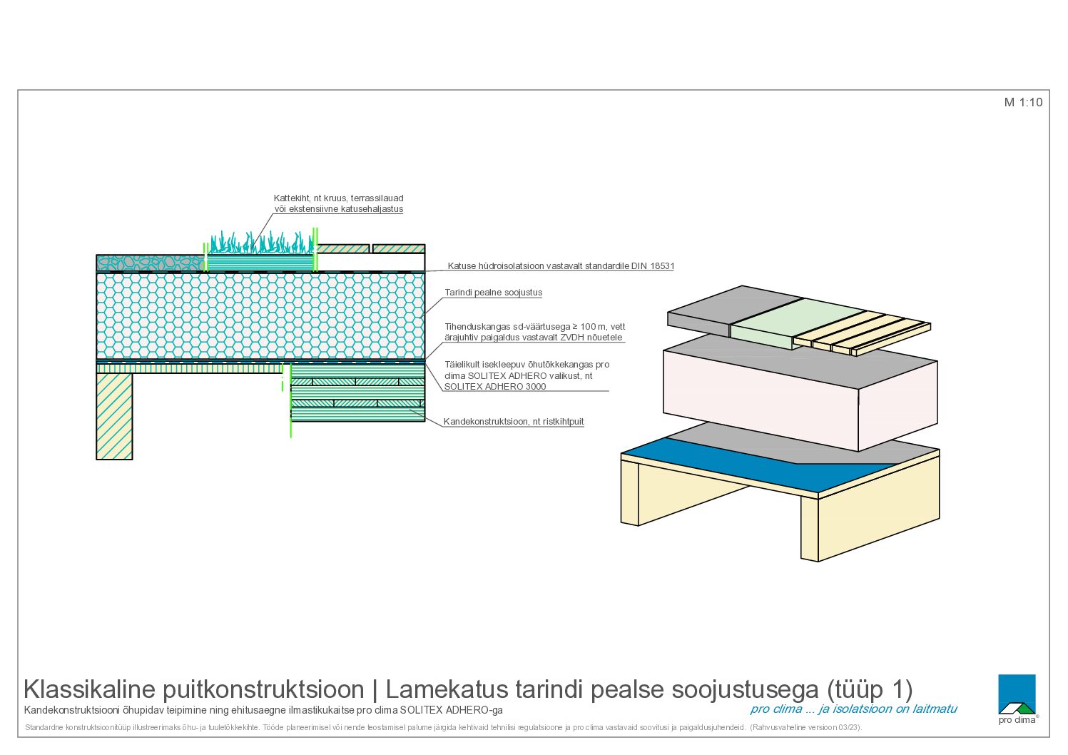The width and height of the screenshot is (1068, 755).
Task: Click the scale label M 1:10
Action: [1023, 102]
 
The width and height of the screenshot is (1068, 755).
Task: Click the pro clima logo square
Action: [1017, 694]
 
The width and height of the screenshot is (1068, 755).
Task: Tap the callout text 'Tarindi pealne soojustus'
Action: [494, 293]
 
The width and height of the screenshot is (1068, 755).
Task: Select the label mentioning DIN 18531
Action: [561, 266]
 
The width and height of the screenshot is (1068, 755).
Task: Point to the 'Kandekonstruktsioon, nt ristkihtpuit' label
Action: [514, 422]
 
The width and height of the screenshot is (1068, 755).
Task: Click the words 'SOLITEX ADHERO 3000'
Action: [495, 387]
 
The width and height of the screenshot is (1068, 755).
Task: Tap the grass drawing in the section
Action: [262, 243]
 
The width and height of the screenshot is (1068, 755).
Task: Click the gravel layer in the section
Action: [151, 263]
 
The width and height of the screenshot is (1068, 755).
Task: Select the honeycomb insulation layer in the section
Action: [260, 315]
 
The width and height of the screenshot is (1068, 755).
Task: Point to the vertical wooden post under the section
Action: [114, 416]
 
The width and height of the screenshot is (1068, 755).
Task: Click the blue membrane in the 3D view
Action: [758, 466]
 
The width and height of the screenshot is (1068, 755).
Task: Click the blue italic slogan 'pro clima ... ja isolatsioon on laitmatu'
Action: [853, 709]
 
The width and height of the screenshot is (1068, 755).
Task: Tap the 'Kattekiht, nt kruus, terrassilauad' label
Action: [338, 198]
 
